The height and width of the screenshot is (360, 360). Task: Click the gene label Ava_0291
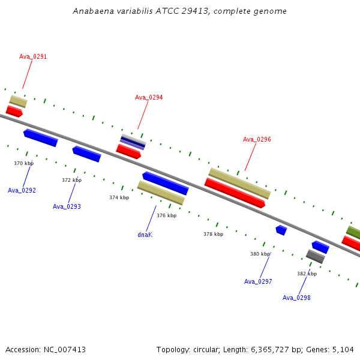pos(33,56)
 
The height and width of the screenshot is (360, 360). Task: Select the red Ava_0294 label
pos(149,97)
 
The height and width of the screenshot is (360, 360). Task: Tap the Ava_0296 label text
pos(257,139)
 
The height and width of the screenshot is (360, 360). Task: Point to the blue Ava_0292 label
pos(22,190)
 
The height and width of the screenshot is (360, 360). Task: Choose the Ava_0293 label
pos(67,206)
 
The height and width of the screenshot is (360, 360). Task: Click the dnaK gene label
pos(145,235)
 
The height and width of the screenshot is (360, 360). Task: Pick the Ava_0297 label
pos(258,281)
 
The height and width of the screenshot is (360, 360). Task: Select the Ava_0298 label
pos(296,298)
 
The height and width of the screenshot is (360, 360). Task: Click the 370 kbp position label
pos(23,163)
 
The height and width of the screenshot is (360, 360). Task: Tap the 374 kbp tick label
pos(119,197)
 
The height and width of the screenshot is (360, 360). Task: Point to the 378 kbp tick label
pos(213,234)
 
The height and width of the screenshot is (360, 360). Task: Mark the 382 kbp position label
pos(307,274)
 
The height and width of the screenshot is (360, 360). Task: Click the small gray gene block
pos(316,256)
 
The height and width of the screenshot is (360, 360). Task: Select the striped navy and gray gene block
pos(133,142)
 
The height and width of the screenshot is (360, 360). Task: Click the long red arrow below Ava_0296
pos(235,193)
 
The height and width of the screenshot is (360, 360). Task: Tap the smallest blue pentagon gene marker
pos(281,230)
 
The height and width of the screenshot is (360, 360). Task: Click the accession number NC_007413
pos(65,350)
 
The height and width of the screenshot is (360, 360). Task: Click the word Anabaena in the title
pos(93,11)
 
